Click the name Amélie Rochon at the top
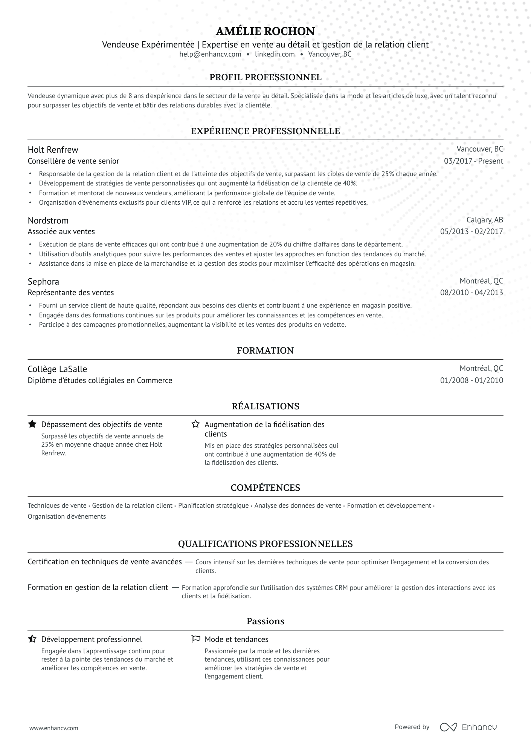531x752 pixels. (265, 31)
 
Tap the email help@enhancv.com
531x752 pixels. (210, 54)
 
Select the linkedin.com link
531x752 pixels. (275, 54)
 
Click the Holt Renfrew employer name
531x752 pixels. (53, 150)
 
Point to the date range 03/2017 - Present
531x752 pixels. (473, 161)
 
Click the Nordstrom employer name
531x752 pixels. (48, 221)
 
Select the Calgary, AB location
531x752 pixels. (484, 220)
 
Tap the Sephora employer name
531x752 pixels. (43, 282)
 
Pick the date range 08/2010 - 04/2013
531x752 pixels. (471, 293)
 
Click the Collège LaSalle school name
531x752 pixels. (57, 369)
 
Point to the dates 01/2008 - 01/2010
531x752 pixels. (471, 380)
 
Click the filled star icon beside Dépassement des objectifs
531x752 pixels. (32, 424)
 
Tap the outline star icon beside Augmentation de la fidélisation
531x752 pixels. (195, 424)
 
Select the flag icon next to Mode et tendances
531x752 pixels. (195, 639)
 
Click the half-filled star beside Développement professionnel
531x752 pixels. (32, 639)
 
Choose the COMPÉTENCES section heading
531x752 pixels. (265, 488)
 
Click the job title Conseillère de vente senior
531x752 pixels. (73, 161)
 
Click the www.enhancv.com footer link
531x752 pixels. (53, 728)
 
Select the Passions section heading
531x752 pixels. (265, 621)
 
